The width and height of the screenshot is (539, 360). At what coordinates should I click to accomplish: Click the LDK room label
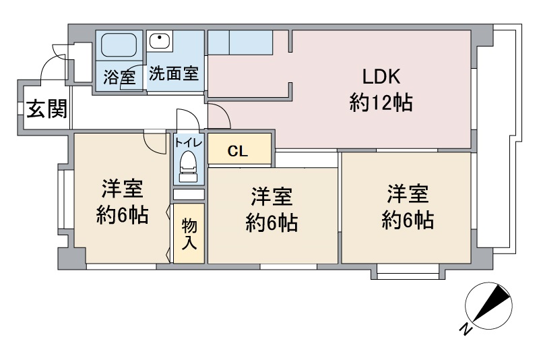point(381,77)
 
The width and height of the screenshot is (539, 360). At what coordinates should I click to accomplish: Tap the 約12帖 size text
point(381,102)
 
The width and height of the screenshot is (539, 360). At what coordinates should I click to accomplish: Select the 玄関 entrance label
point(46,109)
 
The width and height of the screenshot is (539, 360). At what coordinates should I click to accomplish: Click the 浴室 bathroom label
point(119,77)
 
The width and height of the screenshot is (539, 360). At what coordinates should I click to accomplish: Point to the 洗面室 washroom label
point(174,73)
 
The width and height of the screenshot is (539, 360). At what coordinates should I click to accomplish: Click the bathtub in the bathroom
point(119,45)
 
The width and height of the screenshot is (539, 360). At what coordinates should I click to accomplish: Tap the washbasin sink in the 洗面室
point(160,41)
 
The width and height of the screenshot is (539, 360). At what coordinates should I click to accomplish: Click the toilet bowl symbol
point(189,167)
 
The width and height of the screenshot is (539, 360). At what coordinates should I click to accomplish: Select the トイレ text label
point(189,142)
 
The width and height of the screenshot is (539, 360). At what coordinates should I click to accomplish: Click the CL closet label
point(238,151)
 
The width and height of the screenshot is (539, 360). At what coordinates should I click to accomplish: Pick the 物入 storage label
point(189,234)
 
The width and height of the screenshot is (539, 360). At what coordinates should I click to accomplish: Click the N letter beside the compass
point(466,330)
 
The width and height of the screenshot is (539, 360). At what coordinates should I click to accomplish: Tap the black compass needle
point(492,304)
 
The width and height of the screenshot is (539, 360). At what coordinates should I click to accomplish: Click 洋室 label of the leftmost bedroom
point(122,189)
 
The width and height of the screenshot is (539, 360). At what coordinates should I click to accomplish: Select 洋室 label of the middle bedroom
point(272,196)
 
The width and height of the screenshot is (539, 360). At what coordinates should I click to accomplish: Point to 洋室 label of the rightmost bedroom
point(408,193)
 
